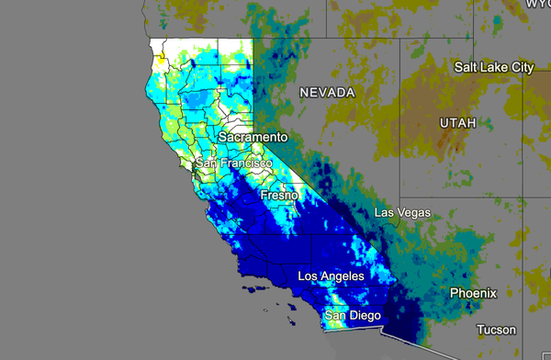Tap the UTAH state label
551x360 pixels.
458,122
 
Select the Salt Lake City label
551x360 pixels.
494,67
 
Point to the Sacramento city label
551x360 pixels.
253,137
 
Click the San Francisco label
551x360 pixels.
233,163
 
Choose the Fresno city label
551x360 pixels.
278,196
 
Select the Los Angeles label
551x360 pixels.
331,276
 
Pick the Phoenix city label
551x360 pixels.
473,293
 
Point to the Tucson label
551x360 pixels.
496,330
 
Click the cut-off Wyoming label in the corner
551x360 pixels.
537,4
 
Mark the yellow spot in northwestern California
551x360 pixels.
163,57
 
